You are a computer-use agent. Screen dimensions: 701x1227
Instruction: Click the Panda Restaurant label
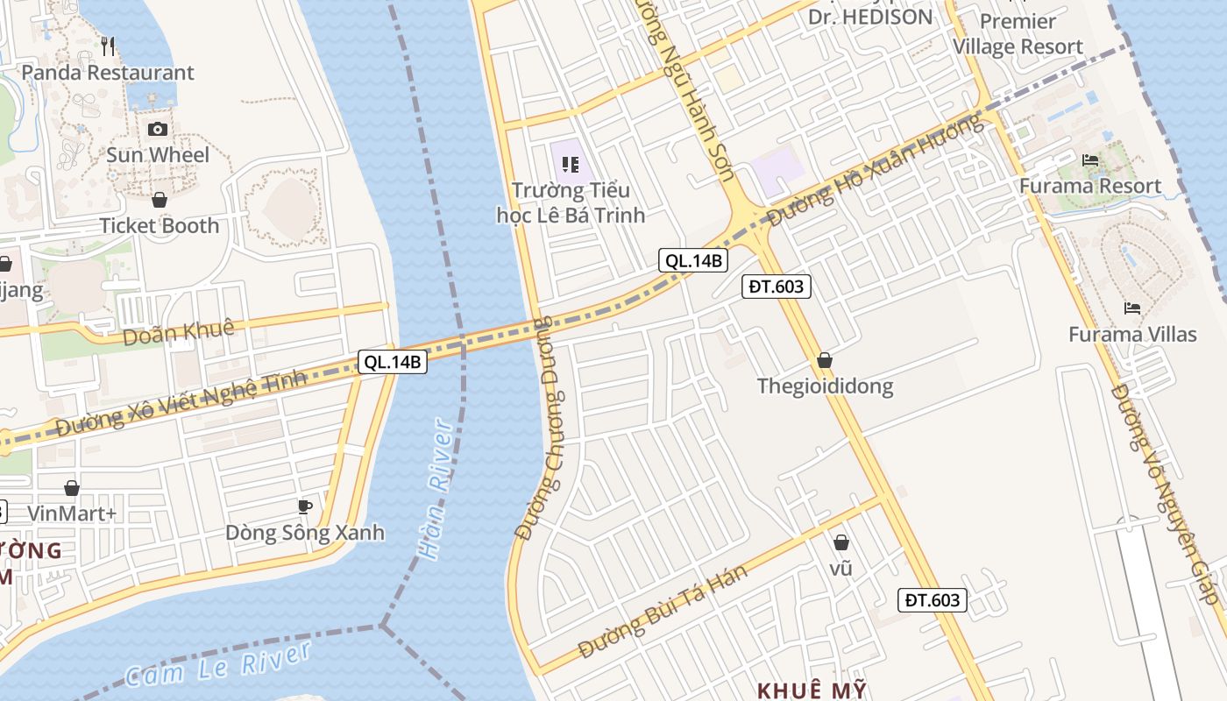107,73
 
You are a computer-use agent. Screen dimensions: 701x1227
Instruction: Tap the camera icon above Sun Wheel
158,130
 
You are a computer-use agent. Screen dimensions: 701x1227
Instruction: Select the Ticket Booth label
160,225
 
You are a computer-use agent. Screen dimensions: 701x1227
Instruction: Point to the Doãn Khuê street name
179,332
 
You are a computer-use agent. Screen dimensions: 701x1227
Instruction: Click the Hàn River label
436,489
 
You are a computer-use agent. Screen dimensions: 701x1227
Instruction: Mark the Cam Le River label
217,664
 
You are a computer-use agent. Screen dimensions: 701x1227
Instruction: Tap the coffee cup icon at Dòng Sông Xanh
305,506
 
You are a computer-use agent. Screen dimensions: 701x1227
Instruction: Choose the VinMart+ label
72,513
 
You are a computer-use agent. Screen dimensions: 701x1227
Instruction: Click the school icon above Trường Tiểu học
571,164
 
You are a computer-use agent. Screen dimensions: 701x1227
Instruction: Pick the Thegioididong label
825,386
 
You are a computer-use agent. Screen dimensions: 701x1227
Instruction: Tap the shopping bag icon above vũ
841,543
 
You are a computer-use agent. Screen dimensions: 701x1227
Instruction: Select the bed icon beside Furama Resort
1090,160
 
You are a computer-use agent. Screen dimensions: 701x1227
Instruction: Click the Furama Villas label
1132,334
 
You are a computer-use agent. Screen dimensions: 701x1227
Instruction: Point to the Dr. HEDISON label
870,17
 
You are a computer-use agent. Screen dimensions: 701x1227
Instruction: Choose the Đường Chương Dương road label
544,427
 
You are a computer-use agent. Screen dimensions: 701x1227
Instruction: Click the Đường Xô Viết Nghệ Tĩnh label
181,401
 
